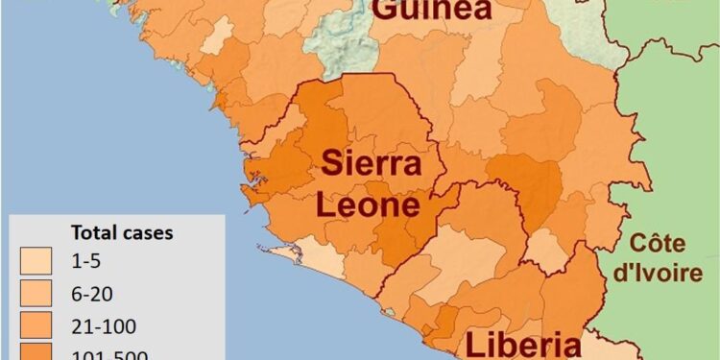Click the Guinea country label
coord(431,10)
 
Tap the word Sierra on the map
coord(371,163)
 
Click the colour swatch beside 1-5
coord(36,259)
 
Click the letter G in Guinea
coord(385,10)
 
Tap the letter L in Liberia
coord(474,346)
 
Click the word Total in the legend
coord(92,232)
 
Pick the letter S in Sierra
coord(331,163)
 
